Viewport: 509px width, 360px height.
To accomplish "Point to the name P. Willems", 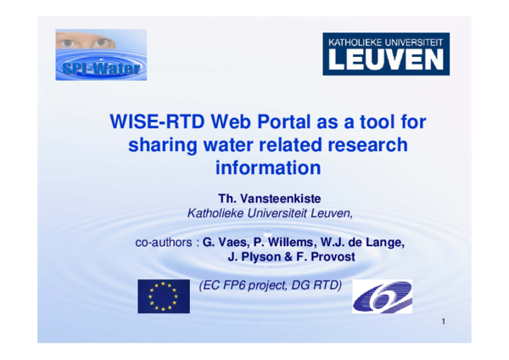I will [x=288, y=243].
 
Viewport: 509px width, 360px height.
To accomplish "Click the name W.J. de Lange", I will [x=366, y=243].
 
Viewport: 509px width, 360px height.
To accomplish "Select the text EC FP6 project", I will [x=243, y=286].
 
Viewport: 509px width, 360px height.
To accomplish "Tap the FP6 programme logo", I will [x=383, y=297].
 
